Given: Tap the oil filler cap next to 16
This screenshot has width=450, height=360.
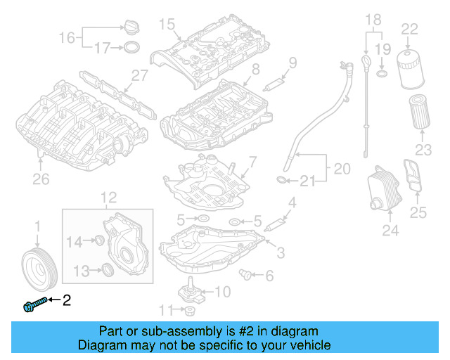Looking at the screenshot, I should tap(131, 27).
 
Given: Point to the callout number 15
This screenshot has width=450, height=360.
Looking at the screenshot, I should tap(166, 25).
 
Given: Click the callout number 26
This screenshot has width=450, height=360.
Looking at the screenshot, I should tap(41, 179).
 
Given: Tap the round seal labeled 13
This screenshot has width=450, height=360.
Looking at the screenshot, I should tap(107, 270).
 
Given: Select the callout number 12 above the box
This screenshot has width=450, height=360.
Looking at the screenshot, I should tap(107, 198).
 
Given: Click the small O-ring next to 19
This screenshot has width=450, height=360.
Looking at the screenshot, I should tap(380, 73).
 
